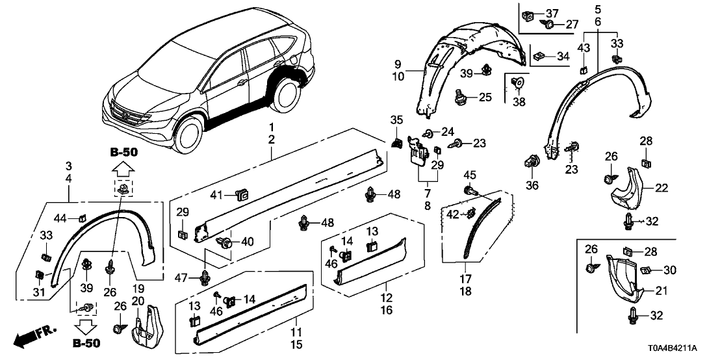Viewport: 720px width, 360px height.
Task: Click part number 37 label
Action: [552, 14]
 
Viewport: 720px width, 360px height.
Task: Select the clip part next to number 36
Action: [532, 161]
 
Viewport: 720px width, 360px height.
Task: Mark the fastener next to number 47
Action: [206, 277]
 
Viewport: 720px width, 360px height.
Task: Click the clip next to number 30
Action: [645, 270]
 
